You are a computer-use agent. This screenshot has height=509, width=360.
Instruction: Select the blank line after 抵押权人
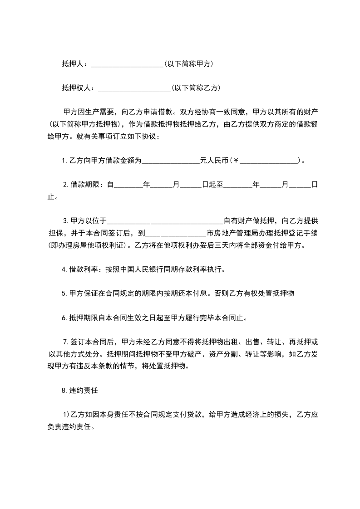pyautogui.click(x=134, y=88)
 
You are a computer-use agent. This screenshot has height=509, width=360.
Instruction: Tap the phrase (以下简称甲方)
pyautogui.click(x=189, y=64)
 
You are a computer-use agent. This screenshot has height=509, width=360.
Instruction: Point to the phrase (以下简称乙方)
pyautogui.click(x=196, y=88)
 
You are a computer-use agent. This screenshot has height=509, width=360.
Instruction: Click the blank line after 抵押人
pyautogui.click(x=127, y=64)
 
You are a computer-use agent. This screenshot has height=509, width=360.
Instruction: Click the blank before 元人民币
pyautogui.click(x=171, y=160)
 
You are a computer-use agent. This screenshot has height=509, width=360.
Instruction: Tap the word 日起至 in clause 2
pyautogui.click(x=213, y=185)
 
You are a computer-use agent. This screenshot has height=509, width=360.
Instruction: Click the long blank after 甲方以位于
pyautogui.click(x=165, y=221)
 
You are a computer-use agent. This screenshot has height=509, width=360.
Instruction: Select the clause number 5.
pyautogui.click(x=64, y=294)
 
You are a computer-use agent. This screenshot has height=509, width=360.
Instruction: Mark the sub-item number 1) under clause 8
pyautogui.click(x=65, y=415)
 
